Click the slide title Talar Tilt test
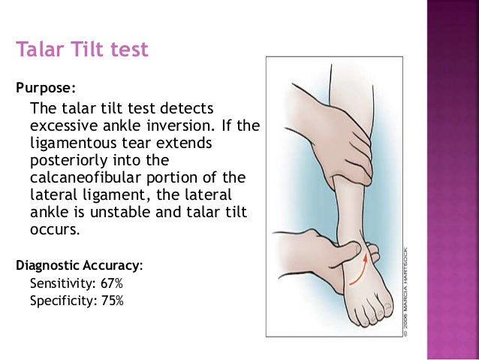83,50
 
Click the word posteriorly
65,160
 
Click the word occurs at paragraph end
53,230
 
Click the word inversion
177,125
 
